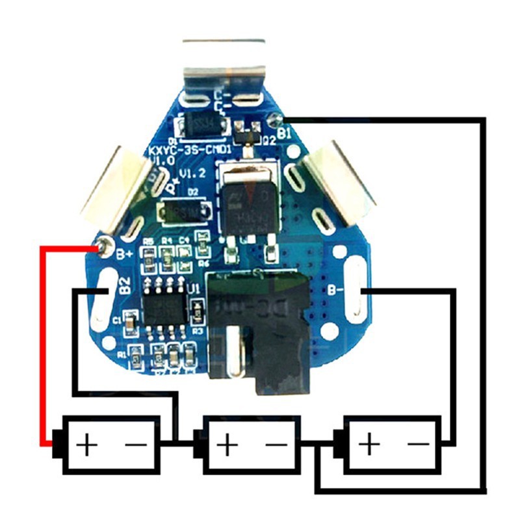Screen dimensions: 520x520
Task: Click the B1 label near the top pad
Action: pos(284,133)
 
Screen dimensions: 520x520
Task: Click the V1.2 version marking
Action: pos(192,174)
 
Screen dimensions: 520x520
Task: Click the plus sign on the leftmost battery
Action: pos(86,445)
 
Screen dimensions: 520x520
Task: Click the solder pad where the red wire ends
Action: pos(101,247)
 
